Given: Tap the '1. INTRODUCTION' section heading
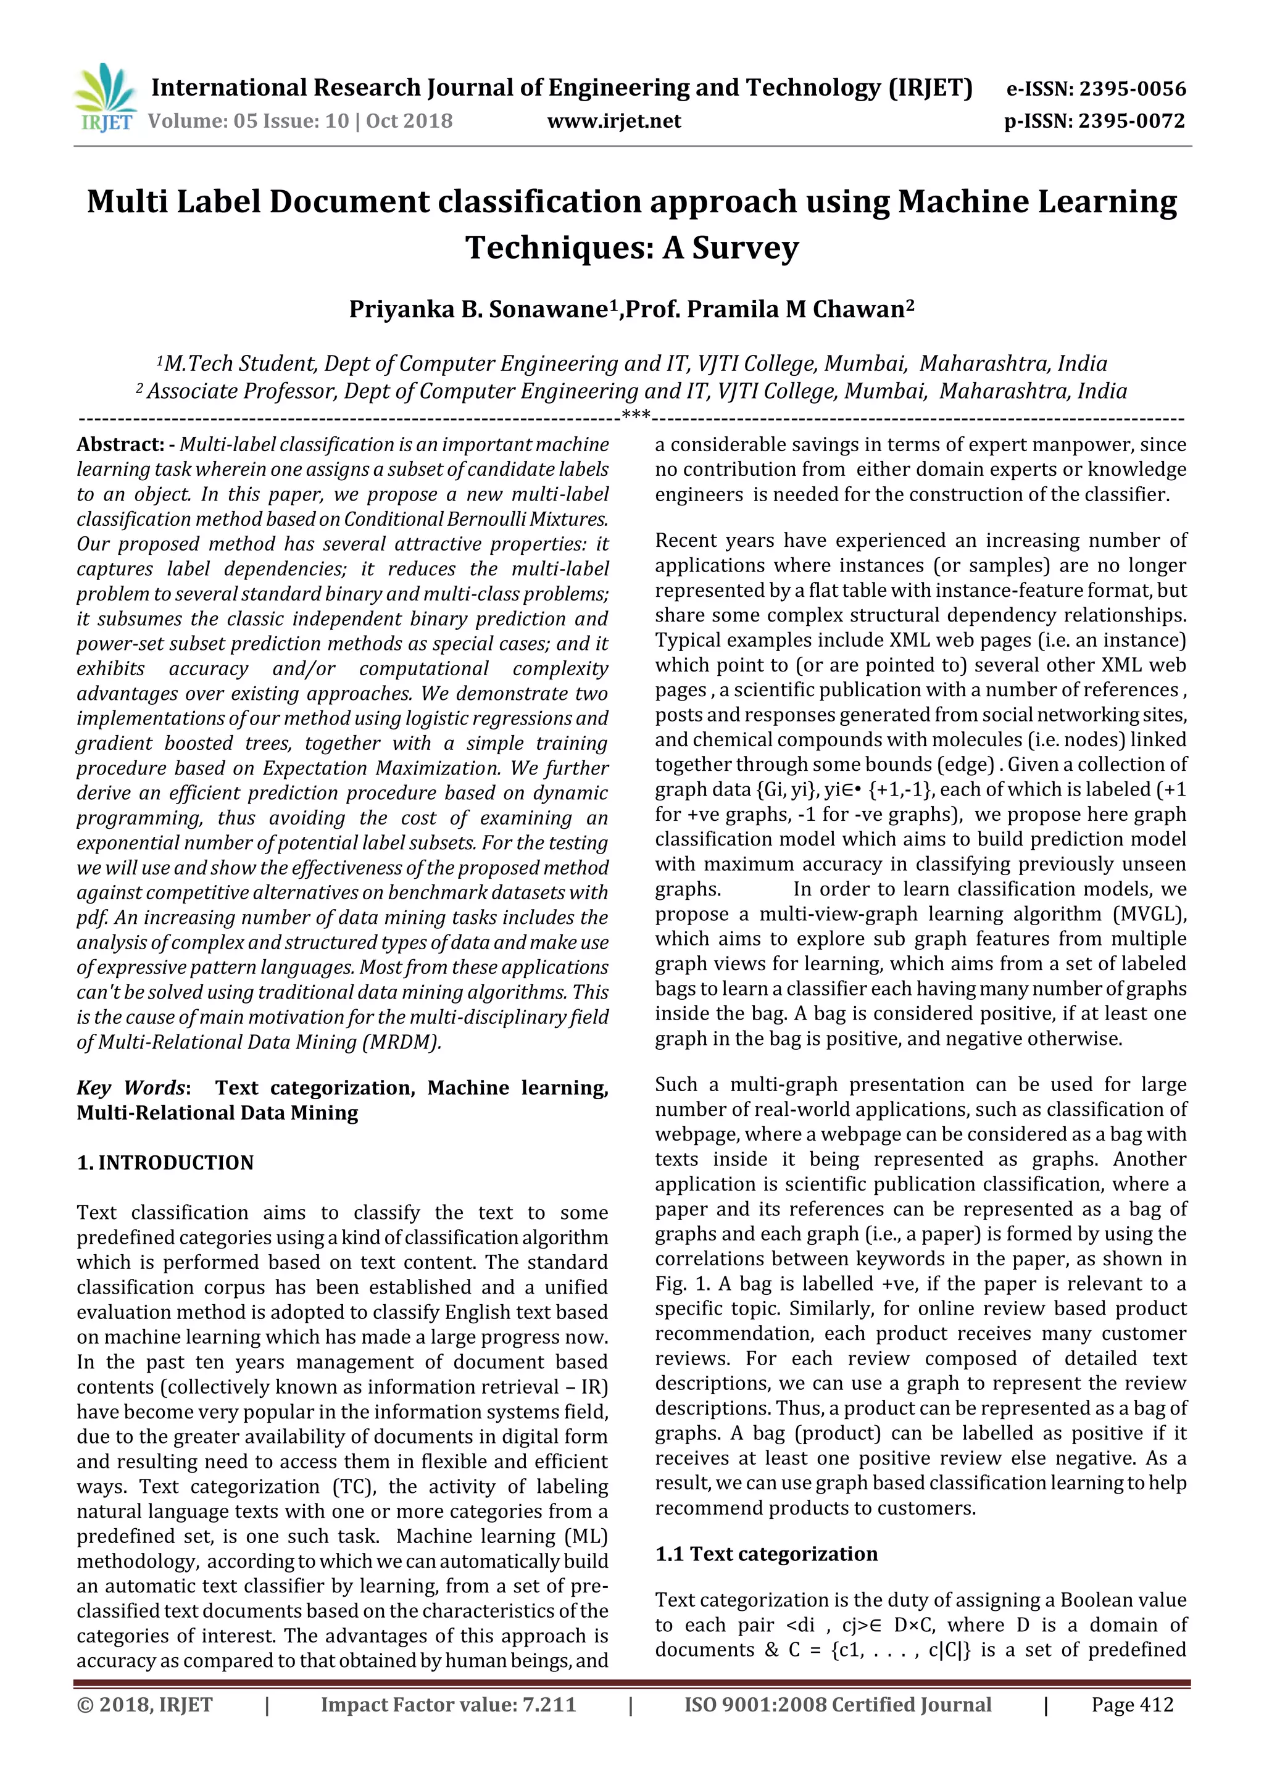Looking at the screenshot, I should (x=165, y=1163).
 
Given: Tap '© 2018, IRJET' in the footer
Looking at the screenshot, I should (x=145, y=1705).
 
